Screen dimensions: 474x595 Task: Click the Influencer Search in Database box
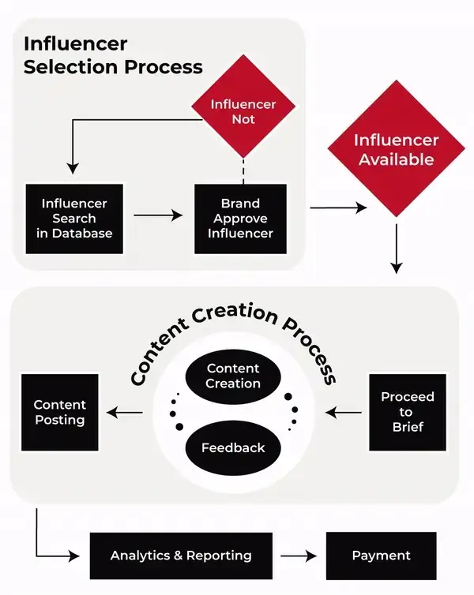click(x=74, y=219)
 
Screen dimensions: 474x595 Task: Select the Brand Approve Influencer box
click(x=240, y=219)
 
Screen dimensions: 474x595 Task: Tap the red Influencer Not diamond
click(x=243, y=107)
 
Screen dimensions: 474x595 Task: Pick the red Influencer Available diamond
click(x=396, y=148)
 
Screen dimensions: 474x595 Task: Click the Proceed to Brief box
click(x=408, y=413)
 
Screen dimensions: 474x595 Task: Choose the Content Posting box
click(x=60, y=413)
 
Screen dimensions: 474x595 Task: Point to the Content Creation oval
click(x=233, y=376)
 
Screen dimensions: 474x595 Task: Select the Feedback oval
click(x=233, y=447)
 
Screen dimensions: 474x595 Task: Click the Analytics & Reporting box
click(x=181, y=556)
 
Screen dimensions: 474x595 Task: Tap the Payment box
click(x=382, y=556)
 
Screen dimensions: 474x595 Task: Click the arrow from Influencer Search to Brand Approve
click(x=158, y=215)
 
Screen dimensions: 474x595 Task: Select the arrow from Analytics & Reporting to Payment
click(x=299, y=556)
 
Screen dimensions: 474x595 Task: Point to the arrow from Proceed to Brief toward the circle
click(x=344, y=413)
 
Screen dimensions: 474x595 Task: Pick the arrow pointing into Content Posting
click(x=125, y=413)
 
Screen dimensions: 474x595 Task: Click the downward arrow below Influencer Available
click(x=397, y=249)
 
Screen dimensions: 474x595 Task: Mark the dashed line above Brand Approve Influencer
click(x=243, y=171)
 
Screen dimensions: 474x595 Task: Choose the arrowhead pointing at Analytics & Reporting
click(x=74, y=556)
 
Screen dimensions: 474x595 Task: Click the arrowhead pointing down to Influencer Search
click(x=73, y=169)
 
